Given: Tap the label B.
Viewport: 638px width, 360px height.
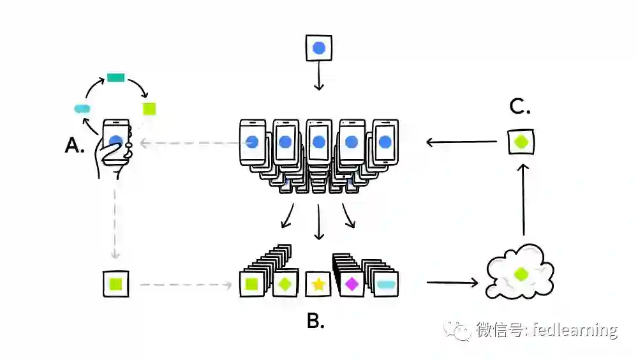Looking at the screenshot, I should click(315, 321).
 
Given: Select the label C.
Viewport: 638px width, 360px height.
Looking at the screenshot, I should click(520, 107).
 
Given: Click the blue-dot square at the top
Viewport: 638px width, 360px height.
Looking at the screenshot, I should click(319, 49).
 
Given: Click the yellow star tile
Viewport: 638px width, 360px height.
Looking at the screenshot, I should click(318, 284).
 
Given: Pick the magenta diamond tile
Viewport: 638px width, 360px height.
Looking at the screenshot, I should click(351, 283).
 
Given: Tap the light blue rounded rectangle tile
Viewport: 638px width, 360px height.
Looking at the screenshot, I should click(386, 283).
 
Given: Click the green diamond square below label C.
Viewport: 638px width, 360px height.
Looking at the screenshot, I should click(521, 142).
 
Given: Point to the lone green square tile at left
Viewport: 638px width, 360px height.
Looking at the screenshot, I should click(116, 283).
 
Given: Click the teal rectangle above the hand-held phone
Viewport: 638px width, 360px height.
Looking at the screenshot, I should click(116, 78).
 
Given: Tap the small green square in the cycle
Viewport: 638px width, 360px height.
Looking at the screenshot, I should click(149, 109).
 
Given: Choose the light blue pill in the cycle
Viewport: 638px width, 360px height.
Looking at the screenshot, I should click(82, 109).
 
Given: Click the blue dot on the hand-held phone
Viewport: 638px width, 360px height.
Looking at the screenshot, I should click(115, 142).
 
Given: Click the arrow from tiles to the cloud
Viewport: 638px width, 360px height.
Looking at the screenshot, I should click(452, 281).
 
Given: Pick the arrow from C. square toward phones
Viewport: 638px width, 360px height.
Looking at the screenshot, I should click(461, 142).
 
